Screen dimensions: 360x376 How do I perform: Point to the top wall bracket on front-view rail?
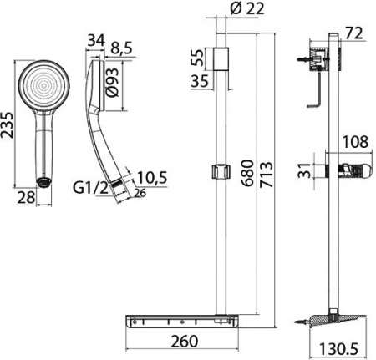(221, 58)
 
